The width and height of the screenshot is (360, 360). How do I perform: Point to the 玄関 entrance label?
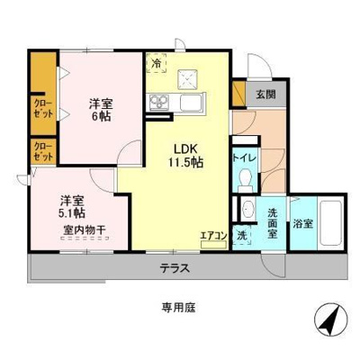[265, 93]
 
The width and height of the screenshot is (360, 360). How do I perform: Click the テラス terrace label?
[175, 267]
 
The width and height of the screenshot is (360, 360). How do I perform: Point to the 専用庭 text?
[179, 307]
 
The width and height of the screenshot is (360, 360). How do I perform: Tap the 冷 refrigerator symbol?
[157, 64]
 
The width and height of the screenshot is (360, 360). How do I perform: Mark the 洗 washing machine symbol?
[241, 235]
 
